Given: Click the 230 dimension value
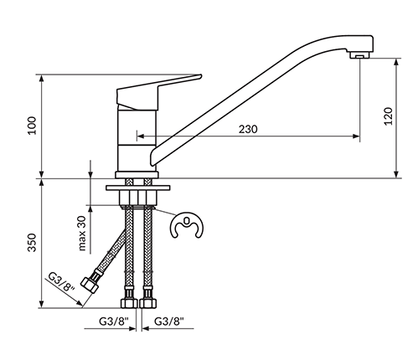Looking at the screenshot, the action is pyautogui.click(x=248, y=129).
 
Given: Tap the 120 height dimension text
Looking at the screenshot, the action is pyautogui.click(x=389, y=116).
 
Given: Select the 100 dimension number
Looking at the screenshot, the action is pyautogui.click(x=32, y=126).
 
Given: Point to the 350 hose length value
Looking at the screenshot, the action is pyautogui.click(x=32, y=243).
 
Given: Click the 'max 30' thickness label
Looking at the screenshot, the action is pyautogui.click(x=82, y=234).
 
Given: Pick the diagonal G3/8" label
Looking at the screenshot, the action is pyautogui.click(x=61, y=282).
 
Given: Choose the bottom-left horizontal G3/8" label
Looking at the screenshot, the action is pyautogui.click(x=114, y=321).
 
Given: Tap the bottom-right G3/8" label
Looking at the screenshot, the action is pyautogui.click(x=169, y=321).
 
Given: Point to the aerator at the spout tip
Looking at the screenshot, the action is pyautogui.click(x=359, y=55).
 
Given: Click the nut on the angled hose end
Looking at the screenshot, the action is pyautogui.click(x=90, y=285).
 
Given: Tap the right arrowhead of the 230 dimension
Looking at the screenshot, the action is pyautogui.click(x=356, y=136).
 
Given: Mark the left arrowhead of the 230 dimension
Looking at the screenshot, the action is pyautogui.click(x=141, y=136).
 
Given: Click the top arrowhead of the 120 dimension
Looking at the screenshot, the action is pyautogui.click(x=396, y=62).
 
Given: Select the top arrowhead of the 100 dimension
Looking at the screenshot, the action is pyautogui.click(x=42, y=78).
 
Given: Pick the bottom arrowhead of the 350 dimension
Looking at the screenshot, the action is pyautogui.click(x=42, y=305).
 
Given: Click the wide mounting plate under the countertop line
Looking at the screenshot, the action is pyautogui.click(x=138, y=188).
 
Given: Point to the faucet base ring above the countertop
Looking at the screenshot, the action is pyautogui.click(x=137, y=175).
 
